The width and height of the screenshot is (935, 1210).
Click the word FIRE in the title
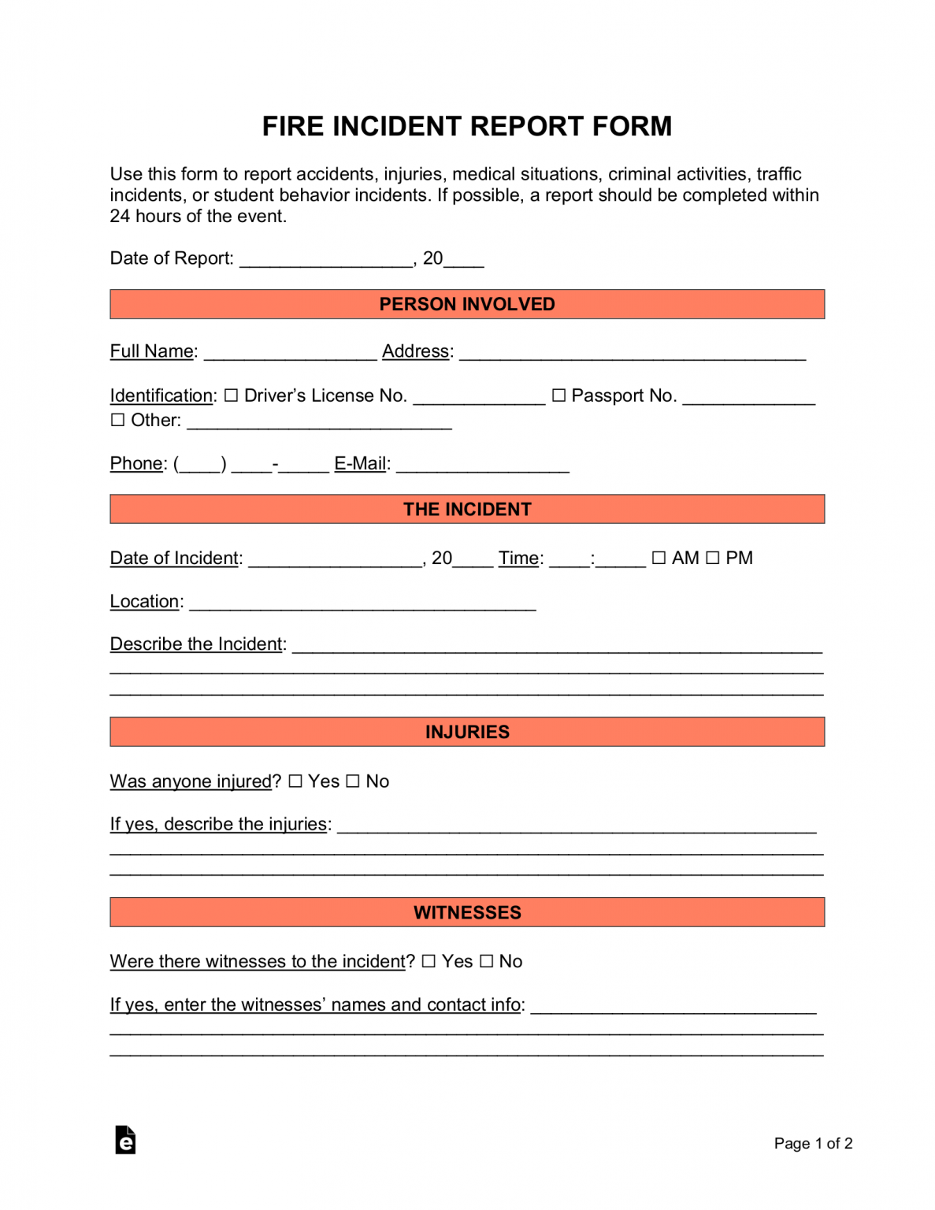292,127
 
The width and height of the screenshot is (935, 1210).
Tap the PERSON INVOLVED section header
467,304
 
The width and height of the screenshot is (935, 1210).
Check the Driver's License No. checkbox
231,395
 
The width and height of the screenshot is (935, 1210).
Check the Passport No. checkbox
558,395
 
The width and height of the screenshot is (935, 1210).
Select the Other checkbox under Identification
117,420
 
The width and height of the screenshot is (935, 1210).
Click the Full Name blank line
290,354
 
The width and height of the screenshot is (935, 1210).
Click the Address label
416,351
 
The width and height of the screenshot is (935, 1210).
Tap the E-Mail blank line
482,466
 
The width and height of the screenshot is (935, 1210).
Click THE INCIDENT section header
467,509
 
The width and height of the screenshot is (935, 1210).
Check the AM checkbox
659,558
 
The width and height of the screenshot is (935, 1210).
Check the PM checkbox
712,558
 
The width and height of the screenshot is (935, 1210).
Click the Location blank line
362,603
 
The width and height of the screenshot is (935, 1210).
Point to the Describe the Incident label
197,644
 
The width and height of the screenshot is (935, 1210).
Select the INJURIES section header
467,732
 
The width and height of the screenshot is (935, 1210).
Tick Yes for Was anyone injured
295,781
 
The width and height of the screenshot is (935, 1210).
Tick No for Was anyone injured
353,781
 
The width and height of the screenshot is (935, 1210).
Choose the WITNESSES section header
467,912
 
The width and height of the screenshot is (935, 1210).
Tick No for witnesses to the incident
486,961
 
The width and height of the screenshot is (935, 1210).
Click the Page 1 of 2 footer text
813,1143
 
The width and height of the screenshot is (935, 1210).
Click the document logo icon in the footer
125,1140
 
